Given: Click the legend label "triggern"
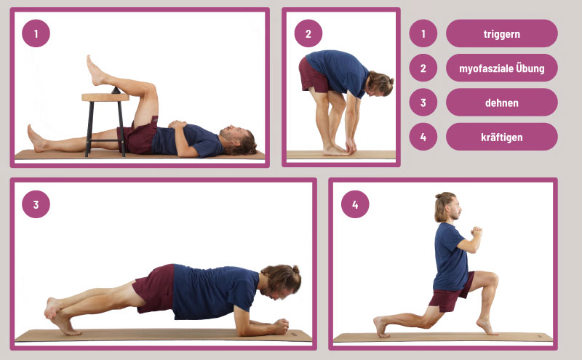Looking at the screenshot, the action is click(501, 33).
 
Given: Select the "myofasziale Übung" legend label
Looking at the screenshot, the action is click(501, 68).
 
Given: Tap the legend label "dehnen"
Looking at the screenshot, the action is click(501, 103).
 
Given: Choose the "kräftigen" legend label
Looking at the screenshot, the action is click(501, 137).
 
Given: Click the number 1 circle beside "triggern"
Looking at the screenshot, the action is click(423, 33).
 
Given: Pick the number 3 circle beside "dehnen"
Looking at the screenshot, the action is click(423, 103).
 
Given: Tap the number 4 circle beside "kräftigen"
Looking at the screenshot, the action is click(423, 137).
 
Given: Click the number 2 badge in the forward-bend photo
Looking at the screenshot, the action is click(308, 33).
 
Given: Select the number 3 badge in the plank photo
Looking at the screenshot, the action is click(36, 204).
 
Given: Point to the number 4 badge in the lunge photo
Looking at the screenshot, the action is click(355, 204).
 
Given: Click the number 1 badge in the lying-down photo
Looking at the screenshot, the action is click(36, 33).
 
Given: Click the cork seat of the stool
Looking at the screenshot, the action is click(105, 97).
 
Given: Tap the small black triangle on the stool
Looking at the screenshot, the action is click(116, 90).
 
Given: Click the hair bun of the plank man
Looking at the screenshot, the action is click(296, 269).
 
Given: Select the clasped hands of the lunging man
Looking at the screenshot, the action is click(477, 231).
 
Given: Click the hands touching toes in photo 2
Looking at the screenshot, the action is click(350, 147).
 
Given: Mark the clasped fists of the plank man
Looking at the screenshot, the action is click(281, 327).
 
